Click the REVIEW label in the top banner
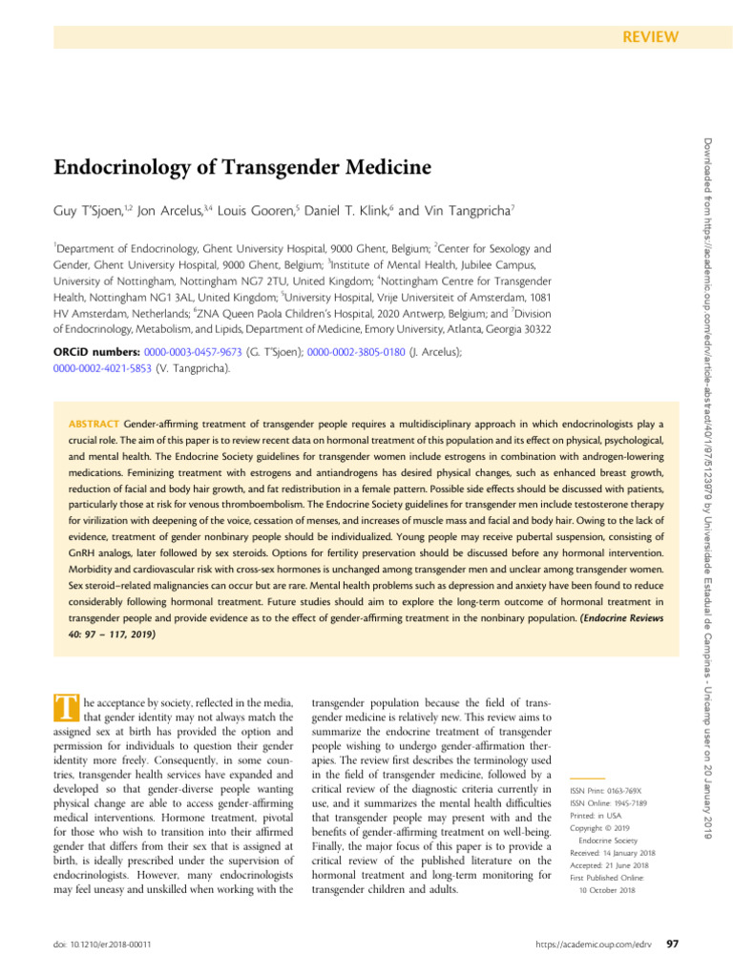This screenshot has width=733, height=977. (x=650, y=37)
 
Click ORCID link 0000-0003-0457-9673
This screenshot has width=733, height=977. (x=191, y=352)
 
